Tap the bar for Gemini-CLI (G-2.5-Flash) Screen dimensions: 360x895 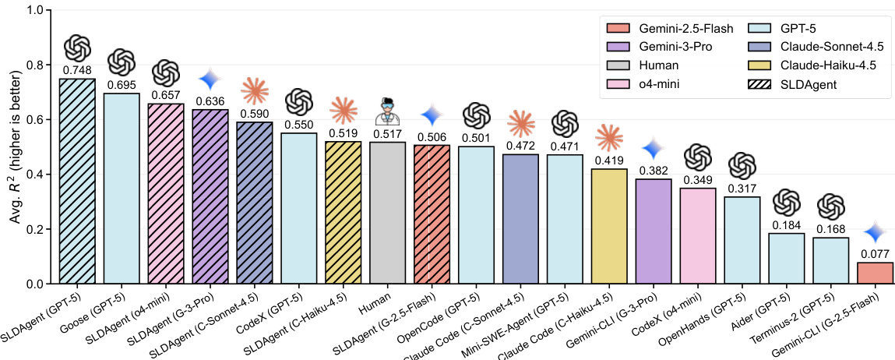pos(876,274)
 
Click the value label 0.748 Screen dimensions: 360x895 pos(77,70)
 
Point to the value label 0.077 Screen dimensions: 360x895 pos(876,254)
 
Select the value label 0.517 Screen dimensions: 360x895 pos(387,134)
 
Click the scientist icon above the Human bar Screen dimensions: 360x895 pos(387,113)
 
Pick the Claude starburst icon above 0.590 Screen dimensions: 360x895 pos(255,91)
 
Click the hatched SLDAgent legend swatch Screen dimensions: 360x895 pos(755,84)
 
